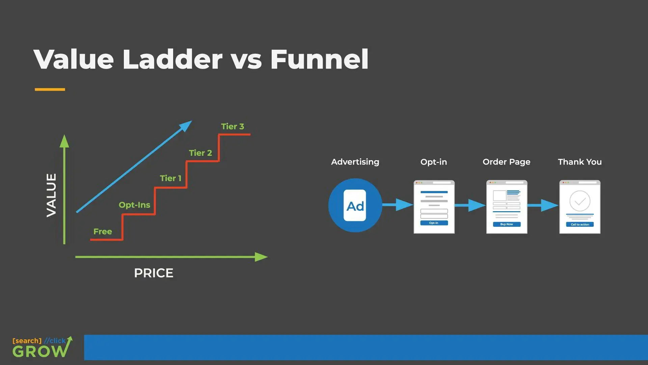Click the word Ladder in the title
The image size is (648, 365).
172,59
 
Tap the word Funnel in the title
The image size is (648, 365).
319,59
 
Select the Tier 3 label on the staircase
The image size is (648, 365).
232,126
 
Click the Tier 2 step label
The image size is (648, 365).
200,153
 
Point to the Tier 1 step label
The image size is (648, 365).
170,178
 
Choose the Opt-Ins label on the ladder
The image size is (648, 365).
134,205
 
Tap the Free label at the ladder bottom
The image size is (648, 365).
103,232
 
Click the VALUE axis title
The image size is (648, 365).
52,195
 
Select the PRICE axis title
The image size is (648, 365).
154,273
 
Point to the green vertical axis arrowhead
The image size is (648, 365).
64,141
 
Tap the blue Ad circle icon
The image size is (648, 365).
355,205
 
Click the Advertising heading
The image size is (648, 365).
355,162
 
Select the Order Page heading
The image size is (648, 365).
506,162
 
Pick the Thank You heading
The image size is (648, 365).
579,162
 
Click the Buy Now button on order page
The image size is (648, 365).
507,224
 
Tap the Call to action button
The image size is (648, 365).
579,224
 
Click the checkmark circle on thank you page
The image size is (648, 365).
580,201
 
